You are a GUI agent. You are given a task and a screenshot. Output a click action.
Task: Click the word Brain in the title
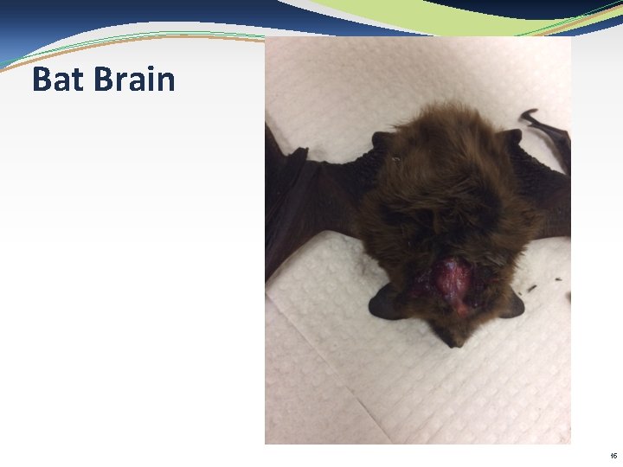[x=135, y=80]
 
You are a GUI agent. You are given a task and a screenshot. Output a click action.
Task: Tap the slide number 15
[x=613, y=456]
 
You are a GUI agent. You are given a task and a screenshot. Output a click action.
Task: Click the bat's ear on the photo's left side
[x=384, y=302]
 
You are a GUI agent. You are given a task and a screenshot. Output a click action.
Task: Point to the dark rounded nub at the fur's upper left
[x=382, y=139]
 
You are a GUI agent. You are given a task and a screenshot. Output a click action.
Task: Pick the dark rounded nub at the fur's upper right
[x=511, y=137]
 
